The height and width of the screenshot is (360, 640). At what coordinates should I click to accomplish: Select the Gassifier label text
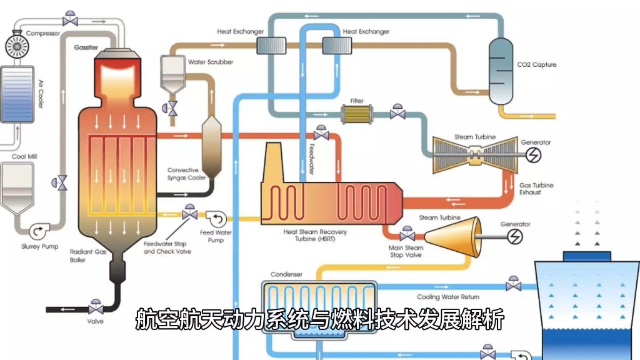point(86,47)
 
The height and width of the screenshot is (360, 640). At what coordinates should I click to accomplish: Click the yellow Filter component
point(356,114)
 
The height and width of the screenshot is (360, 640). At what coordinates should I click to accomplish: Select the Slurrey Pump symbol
point(37,232)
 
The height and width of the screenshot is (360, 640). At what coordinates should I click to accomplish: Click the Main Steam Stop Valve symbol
point(407,236)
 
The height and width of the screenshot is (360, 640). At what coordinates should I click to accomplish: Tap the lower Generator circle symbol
point(516,236)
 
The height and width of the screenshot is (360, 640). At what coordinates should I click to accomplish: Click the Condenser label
point(286,274)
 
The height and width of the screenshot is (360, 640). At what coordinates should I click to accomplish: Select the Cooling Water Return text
point(448,297)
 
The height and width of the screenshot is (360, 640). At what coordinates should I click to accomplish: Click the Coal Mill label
point(24,156)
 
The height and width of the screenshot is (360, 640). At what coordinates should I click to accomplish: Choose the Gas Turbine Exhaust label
point(536,189)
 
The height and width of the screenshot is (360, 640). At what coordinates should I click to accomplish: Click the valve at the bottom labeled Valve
point(96,309)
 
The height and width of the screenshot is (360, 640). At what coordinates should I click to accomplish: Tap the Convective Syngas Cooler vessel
point(212,146)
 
